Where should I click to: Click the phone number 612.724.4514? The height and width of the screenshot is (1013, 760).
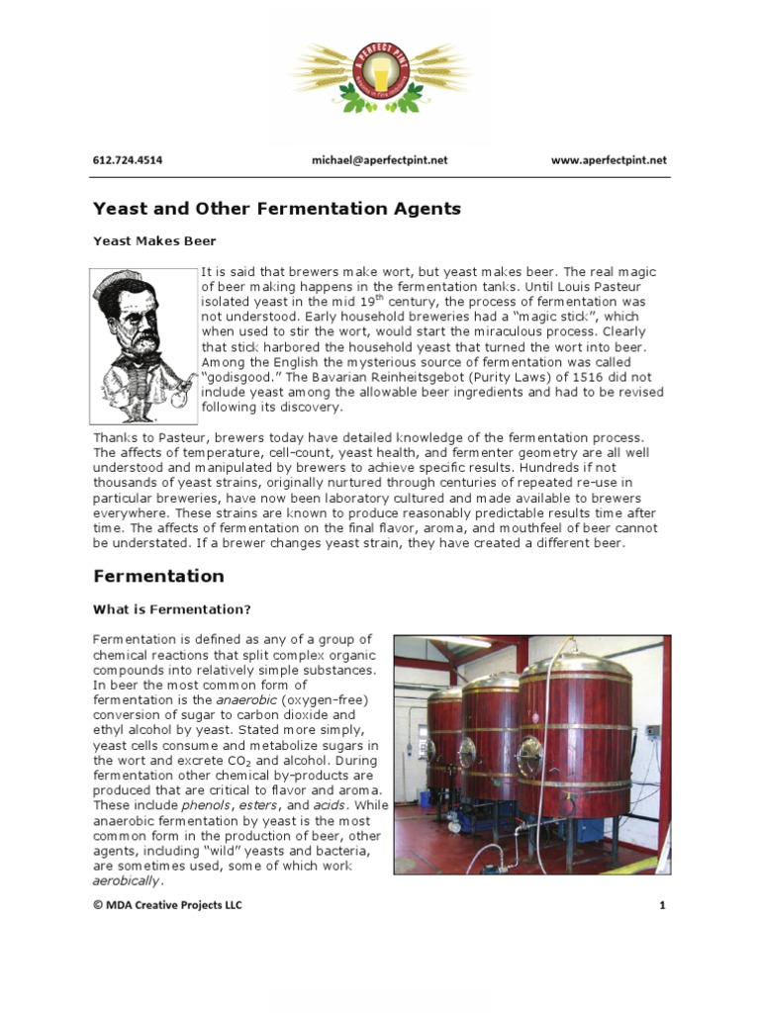[128, 160]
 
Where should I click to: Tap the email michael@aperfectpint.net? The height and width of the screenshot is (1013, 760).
[379, 160]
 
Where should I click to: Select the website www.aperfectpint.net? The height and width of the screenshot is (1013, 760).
[609, 160]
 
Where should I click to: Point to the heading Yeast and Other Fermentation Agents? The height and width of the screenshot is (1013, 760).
[276, 209]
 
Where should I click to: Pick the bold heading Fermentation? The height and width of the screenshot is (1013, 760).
[158, 576]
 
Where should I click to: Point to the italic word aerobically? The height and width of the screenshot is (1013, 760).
[127, 880]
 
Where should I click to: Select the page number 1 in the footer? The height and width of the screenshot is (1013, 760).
[661, 905]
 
